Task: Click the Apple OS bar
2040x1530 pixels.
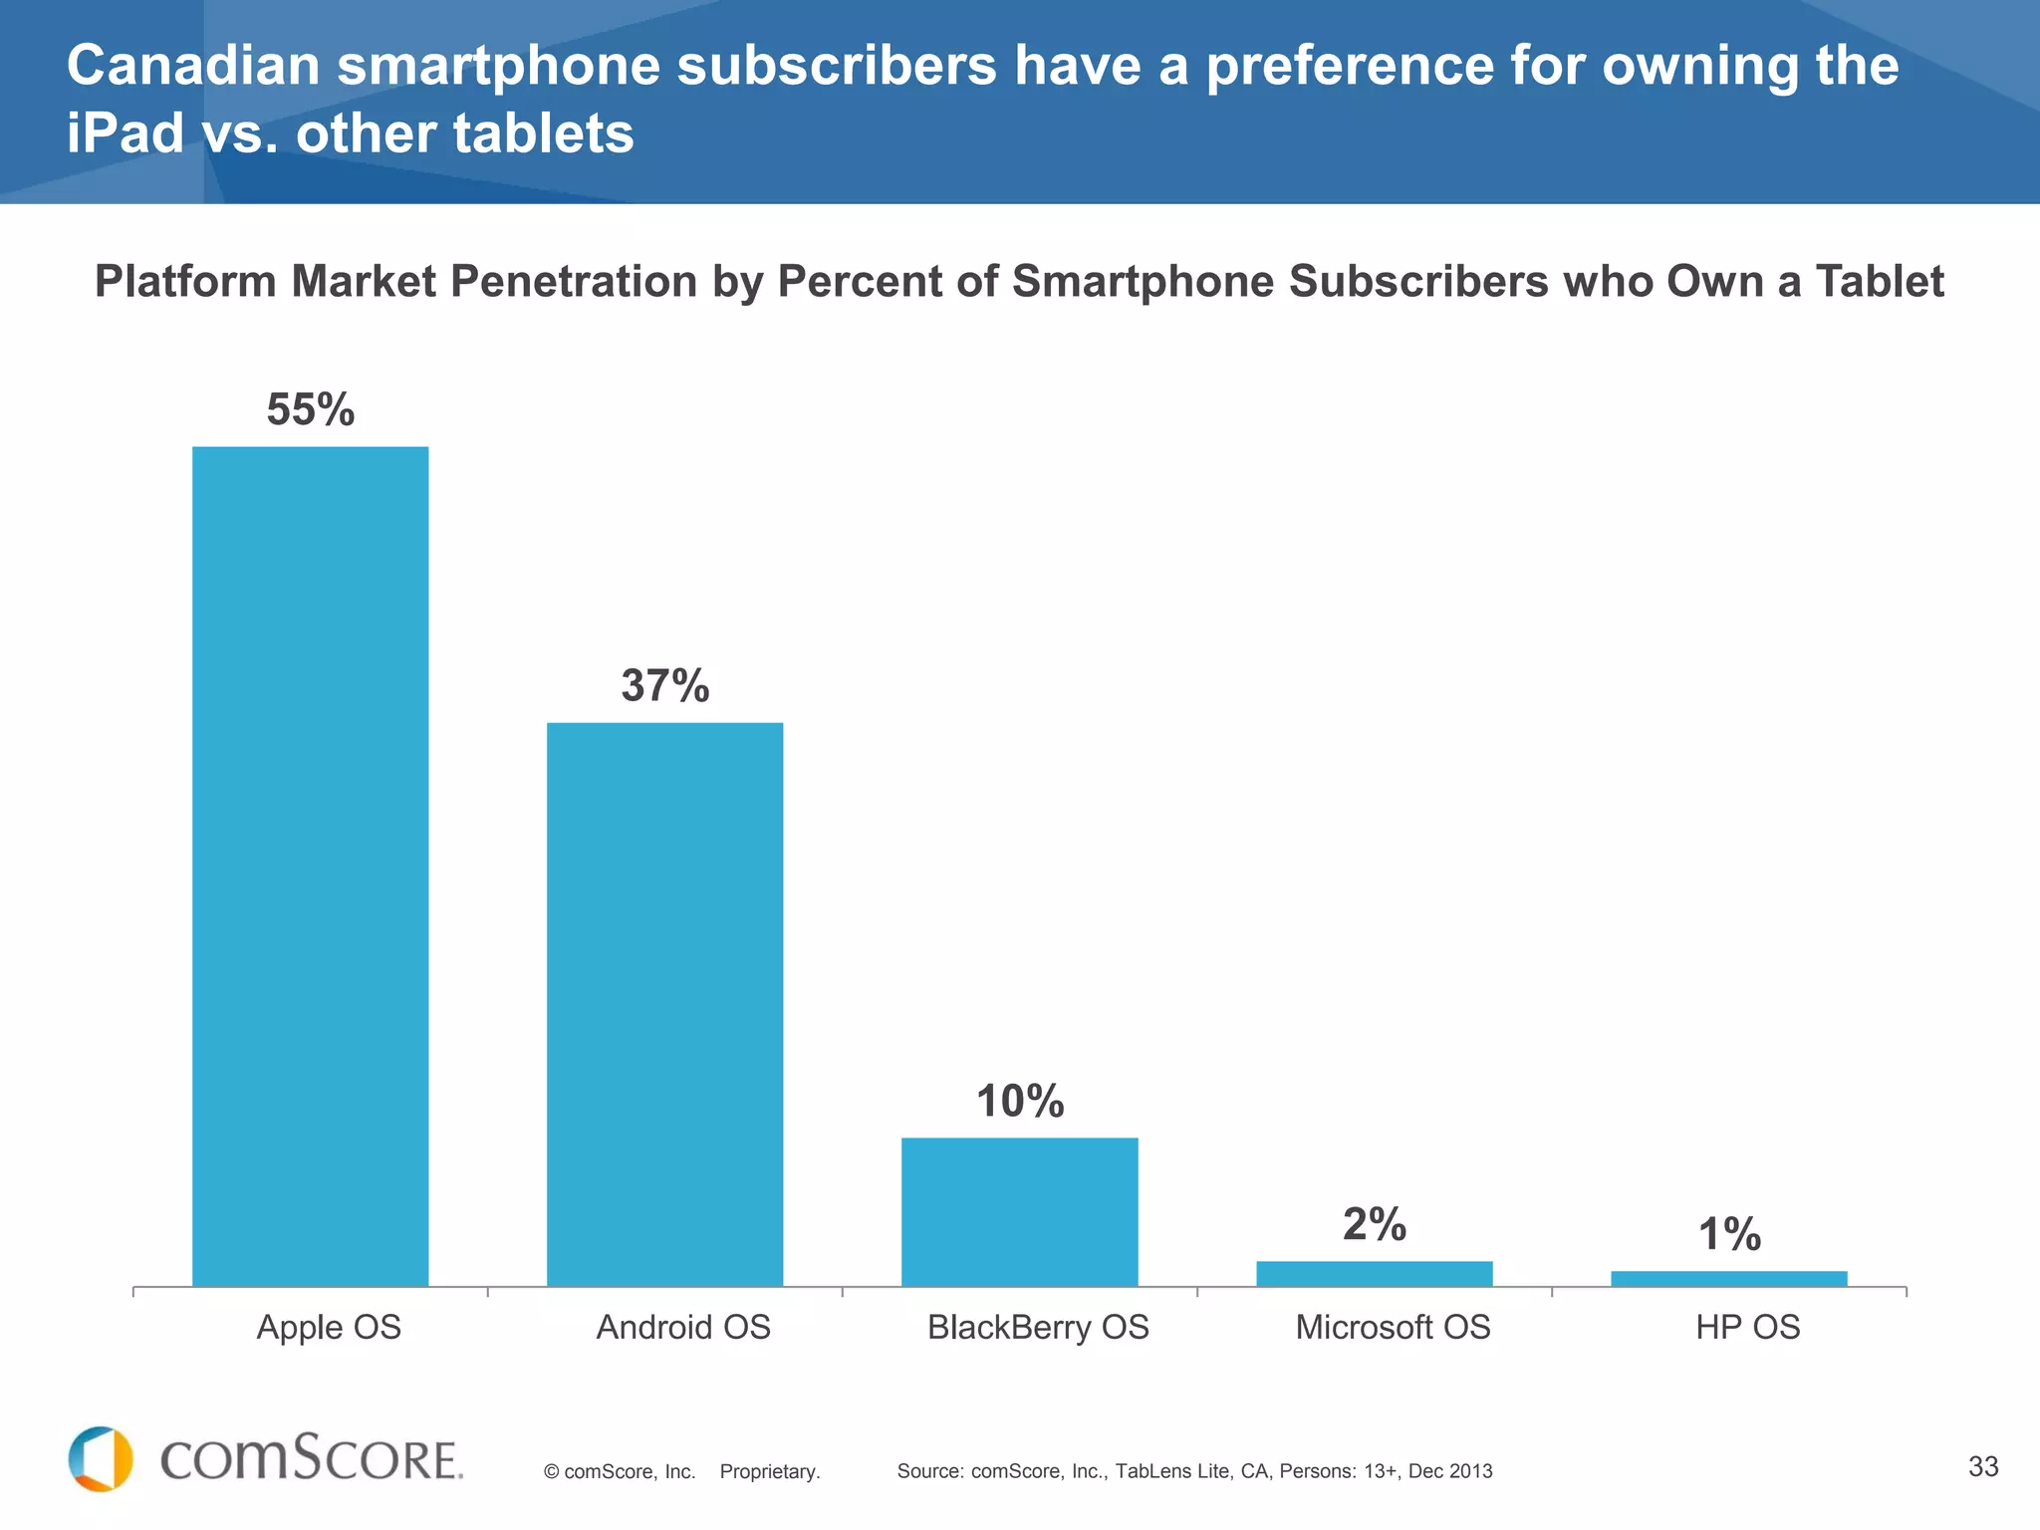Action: tap(310, 867)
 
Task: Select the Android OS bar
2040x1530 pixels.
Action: tap(664, 1004)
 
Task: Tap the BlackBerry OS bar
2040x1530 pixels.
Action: tap(1019, 1211)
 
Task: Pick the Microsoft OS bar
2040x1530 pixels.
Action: tap(1374, 1273)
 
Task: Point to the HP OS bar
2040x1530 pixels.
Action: tap(1728, 1278)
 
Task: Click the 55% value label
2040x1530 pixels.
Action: tap(310, 409)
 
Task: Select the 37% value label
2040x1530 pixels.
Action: tap(664, 685)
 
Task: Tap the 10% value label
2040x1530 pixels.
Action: tap(1019, 1101)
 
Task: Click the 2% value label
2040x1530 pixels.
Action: tap(1374, 1224)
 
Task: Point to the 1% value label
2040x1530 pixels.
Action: tap(1728, 1234)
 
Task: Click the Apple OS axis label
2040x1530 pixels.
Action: tap(329, 1327)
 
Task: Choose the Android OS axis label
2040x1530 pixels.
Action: tap(683, 1327)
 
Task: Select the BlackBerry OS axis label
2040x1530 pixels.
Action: tap(1038, 1327)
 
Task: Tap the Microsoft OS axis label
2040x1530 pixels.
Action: tap(1393, 1327)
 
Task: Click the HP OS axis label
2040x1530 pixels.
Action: tap(1747, 1327)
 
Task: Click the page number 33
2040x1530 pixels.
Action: tap(1982, 1466)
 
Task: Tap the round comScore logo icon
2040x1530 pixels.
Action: tap(101, 1459)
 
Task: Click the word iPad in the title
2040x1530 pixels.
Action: tap(125, 133)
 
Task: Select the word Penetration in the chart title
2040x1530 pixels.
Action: tap(573, 281)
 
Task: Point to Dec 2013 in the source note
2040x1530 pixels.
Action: tap(1449, 1471)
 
